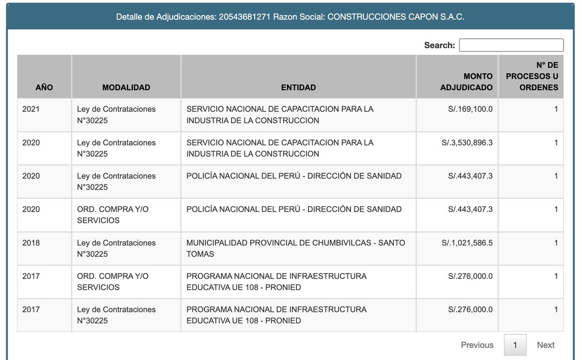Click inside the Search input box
coord(511,45)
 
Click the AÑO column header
coord(44,87)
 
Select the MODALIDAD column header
coord(126,87)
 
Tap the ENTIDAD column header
coord(298,87)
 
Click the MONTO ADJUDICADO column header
coord(466,82)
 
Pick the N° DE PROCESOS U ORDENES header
coord(532,76)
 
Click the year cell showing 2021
coord(31,109)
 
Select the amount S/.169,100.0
coord(470,109)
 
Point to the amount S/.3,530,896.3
coord(467,143)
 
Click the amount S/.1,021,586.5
coord(467,243)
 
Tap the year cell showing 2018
coord(31,243)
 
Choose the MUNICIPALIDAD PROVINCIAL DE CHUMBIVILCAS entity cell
coord(295,248)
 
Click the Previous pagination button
coord(477,345)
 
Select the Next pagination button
coord(546,345)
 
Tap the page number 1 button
coord(515,345)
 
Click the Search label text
coord(439,45)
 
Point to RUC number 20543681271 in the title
coord(244,17)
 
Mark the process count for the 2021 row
coord(556,109)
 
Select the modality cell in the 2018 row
coord(116,248)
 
